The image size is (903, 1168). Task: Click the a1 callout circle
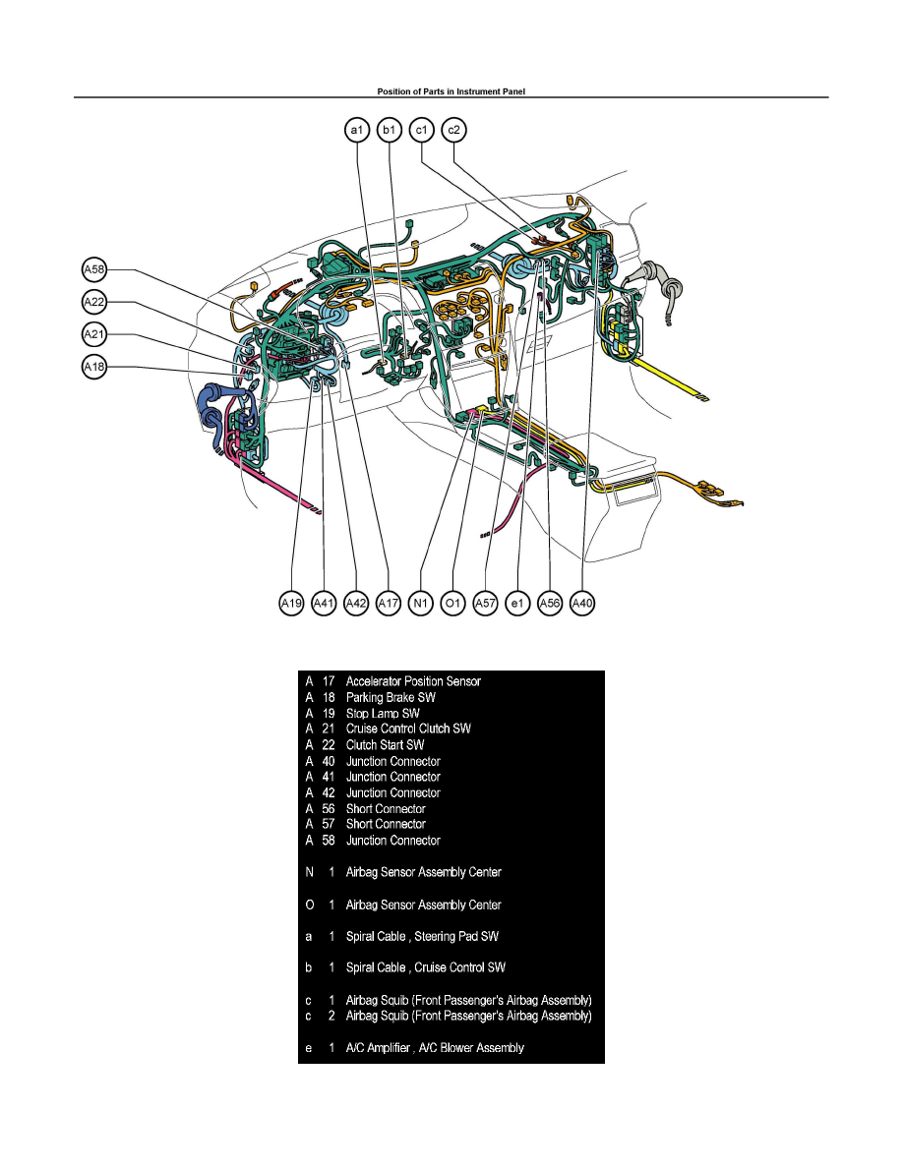click(356, 130)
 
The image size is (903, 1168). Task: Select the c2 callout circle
click(454, 130)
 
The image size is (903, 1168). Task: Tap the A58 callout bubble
click(93, 268)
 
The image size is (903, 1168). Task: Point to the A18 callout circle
click(93, 367)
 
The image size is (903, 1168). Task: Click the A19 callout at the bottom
click(291, 603)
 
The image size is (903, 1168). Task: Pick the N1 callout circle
click(421, 603)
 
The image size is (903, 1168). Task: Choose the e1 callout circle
click(517, 603)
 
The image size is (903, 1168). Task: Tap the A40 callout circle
click(582, 603)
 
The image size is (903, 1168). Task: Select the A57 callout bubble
click(485, 603)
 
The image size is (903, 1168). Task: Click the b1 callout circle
click(390, 130)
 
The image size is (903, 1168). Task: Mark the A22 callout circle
click(93, 302)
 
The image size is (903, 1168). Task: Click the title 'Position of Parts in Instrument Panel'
click(451, 91)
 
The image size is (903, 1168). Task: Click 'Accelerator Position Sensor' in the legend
click(413, 680)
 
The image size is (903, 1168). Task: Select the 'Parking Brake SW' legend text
click(391, 697)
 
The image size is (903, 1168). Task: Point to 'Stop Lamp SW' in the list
click(383, 713)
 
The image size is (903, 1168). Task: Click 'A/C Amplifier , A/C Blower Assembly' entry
click(435, 1048)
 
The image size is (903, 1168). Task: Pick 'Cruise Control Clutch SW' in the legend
click(408, 729)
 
